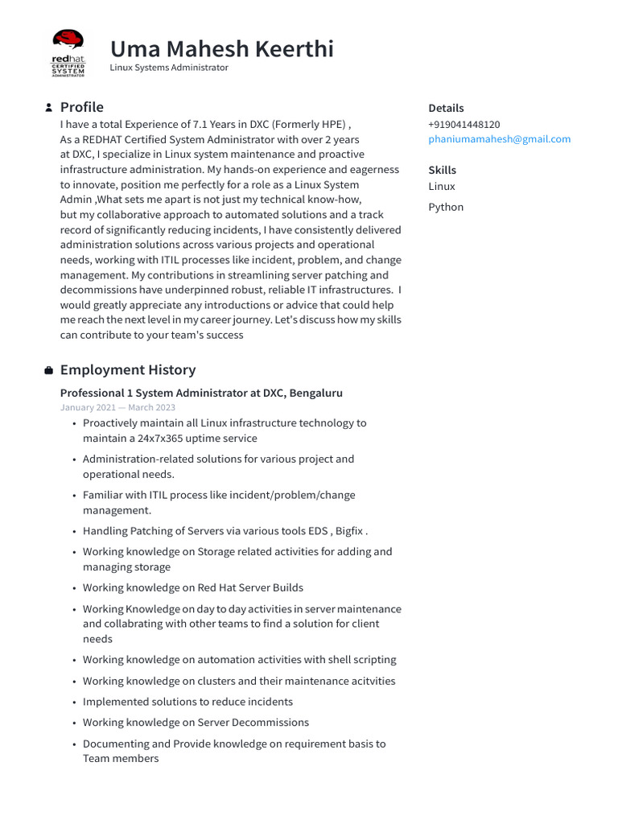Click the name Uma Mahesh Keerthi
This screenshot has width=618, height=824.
tap(221, 49)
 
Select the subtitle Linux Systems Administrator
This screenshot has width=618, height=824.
tap(169, 68)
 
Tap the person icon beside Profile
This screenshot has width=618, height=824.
tap(49, 108)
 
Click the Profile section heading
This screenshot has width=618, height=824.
tap(81, 107)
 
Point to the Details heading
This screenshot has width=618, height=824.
tap(446, 108)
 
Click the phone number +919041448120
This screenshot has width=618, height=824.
tap(463, 125)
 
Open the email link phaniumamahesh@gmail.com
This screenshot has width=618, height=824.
tap(499, 139)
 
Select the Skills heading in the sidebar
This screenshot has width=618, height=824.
tap(442, 170)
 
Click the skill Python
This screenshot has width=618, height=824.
tap(446, 207)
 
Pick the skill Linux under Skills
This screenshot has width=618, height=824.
tap(442, 187)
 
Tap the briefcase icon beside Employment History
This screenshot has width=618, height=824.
tap(49, 370)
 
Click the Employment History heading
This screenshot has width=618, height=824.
tap(128, 370)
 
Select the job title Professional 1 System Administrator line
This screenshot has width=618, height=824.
tap(201, 393)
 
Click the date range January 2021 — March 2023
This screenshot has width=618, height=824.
tap(117, 408)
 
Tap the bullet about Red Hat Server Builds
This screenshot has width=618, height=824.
tap(193, 588)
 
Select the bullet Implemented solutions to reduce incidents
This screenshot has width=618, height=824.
tap(187, 702)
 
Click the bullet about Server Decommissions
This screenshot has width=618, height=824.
tap(196, 723)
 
